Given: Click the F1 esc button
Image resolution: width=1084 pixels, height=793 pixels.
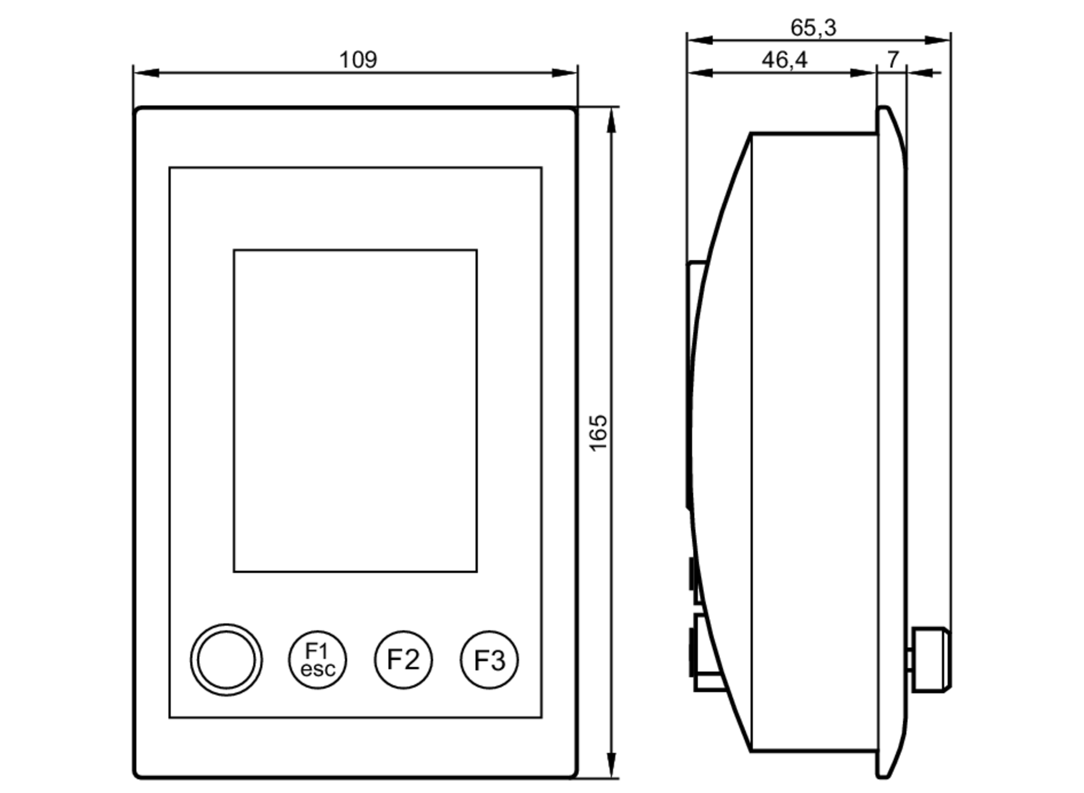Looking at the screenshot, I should point(317,660).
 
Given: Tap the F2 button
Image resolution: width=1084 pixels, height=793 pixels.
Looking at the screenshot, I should point(403,660).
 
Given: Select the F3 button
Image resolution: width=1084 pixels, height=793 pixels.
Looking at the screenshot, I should point(489,660).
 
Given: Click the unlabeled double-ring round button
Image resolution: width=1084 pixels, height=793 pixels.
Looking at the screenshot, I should point(226,660).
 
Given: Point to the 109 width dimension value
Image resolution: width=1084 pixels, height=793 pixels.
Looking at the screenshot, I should point(358,60).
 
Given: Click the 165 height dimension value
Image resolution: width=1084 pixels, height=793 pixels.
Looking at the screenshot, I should point(598,433).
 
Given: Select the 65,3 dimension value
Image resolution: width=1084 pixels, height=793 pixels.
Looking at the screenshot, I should point(813,28).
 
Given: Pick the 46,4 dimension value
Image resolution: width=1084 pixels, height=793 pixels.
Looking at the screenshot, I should point(784,60).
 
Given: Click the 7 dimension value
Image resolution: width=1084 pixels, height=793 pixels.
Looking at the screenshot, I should point(893,59).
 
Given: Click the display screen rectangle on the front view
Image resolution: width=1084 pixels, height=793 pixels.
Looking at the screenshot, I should point(355,410).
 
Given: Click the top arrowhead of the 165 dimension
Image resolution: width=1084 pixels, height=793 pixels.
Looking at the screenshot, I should point(612,120).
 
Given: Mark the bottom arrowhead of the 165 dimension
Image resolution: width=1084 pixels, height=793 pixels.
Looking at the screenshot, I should point(612,765).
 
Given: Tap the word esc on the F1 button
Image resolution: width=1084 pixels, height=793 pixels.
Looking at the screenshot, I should point(318,669).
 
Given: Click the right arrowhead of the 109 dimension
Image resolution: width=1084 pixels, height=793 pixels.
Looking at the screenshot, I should point(565,73).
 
